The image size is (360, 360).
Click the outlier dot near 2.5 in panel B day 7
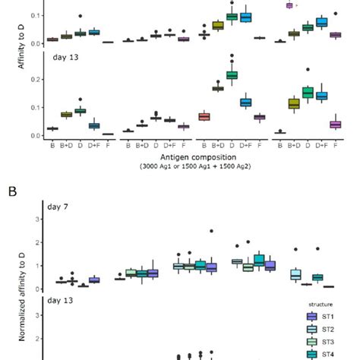211,231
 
